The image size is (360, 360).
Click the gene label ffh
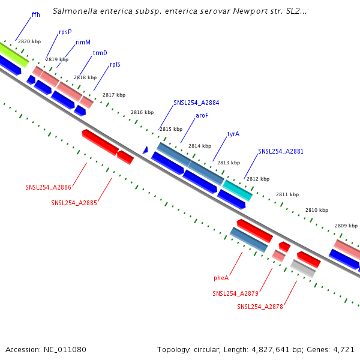click(35, 14)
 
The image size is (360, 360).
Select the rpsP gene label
click(65, 32)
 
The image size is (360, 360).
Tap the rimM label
click(83, 43)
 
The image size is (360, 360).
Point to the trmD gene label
click(100, 53)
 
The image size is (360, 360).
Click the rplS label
click(115, 64)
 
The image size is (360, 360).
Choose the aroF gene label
click(202, 115)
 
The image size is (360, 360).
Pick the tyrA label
click(233, 134)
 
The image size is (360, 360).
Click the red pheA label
click(221, 278)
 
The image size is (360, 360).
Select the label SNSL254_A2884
click(196, 103)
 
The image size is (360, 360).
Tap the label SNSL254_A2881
click(281, 151)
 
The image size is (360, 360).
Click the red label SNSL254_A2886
click(48, 187)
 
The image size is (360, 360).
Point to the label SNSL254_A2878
click(260, 307)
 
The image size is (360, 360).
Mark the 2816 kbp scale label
click(142, 112)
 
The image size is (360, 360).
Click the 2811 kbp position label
click(287, 194)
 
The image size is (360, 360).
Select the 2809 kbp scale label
click(346, 226)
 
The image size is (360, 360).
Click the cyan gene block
click(238, 190)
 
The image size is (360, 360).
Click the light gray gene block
click(303, 268)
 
